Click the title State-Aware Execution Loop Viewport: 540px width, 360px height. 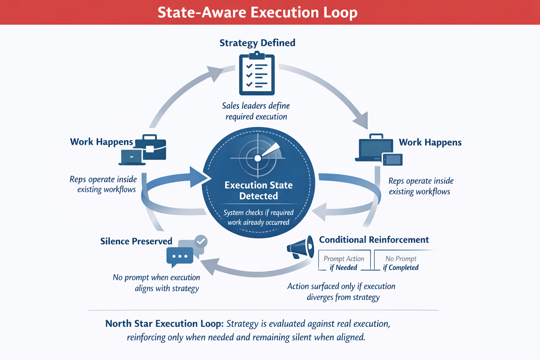(x=257, y=13)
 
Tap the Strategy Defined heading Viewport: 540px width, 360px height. (x=257, y=43)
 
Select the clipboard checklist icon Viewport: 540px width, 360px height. (x=257, y=74)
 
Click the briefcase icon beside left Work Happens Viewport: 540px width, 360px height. (x=150, y=148)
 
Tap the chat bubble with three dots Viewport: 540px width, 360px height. (x=180, y=256)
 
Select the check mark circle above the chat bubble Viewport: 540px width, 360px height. (x=201, y=242)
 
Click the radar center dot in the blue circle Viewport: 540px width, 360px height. (x=258, y=158)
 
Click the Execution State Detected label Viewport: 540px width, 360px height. (x=258, y=190)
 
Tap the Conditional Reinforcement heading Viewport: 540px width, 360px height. (x=374, y=240)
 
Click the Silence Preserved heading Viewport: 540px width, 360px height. (x=136, y=241)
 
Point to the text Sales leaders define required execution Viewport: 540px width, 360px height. (x=256, y=111)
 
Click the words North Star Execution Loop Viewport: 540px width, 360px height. (x=164, y=323)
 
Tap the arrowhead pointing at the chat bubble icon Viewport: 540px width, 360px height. (x=210, y=266)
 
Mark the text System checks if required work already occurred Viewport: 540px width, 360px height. (x=258, y=217)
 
